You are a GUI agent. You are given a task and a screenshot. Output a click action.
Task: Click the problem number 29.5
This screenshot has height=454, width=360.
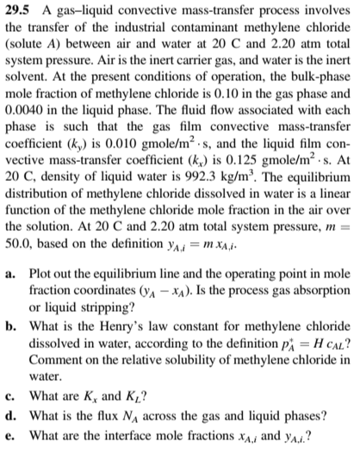pos(19,11)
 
